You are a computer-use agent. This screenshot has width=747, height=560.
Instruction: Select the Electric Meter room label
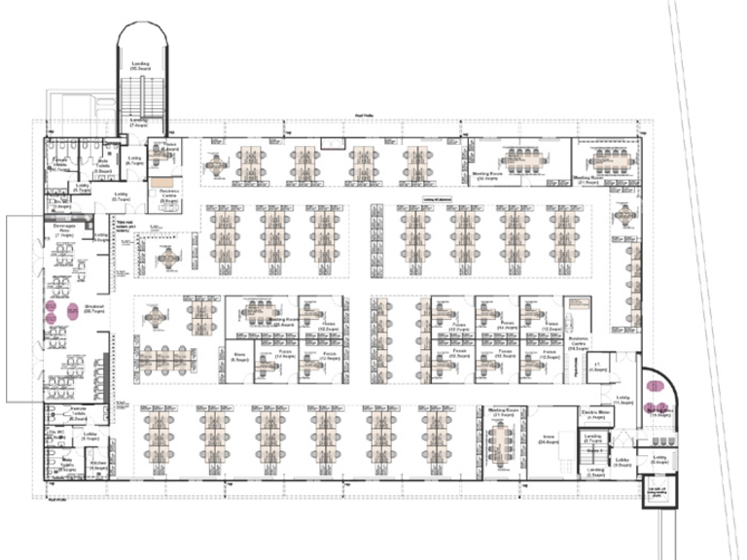(595, 413)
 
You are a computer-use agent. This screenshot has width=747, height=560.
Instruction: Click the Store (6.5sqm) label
(239, 357)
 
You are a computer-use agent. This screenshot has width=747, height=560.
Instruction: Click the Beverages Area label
(65, 230)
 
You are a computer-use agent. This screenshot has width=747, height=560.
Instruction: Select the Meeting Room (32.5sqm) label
(487, 178)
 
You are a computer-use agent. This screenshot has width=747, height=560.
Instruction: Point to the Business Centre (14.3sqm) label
(575, 344)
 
